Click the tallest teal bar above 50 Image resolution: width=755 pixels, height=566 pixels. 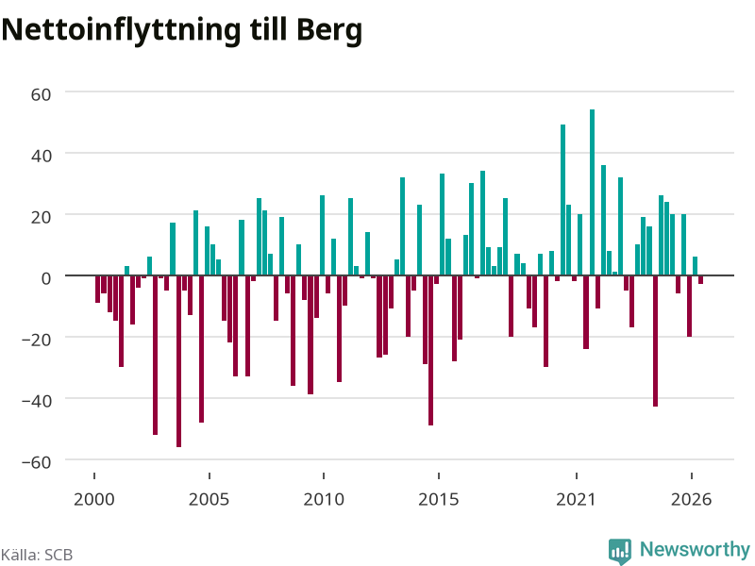592,192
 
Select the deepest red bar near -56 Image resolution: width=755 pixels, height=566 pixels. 178,361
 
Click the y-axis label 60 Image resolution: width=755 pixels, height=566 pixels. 41,94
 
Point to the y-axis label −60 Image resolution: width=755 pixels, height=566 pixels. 37,462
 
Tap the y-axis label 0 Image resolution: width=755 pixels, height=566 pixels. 46,278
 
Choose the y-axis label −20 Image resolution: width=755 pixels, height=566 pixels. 37,340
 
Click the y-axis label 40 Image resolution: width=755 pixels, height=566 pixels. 41,156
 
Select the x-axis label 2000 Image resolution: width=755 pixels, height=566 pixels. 93,499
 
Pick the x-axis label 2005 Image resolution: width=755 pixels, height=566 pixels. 209,499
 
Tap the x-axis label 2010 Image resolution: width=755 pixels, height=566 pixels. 324,499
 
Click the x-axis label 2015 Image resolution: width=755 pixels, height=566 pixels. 438,499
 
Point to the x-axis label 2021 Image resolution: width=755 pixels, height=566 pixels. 576,499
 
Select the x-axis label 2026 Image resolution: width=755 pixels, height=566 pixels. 691,499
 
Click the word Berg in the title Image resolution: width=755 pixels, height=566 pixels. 329,31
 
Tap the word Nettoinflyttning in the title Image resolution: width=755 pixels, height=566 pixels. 121,31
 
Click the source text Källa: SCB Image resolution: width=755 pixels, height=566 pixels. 37,555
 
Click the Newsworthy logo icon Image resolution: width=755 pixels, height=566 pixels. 620,551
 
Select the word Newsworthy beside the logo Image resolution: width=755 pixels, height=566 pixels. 695,549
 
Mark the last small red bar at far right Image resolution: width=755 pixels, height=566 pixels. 700,279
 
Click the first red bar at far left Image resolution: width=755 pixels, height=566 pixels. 97,289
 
